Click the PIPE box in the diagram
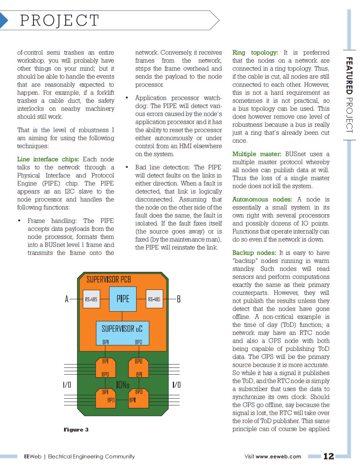[123, 299]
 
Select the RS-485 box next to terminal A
[91, 299]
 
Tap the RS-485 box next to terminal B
[154, 299]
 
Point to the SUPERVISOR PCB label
[109, 280]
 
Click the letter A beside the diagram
[67, 299]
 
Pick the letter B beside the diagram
[178, 299]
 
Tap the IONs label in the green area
[123, 385]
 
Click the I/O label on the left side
[67, 385]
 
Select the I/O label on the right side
[177, 385]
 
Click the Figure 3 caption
[76, 430]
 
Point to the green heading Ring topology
[255, 52]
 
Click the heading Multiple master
[256, 154]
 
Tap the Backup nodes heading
[254, 253]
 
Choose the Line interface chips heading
[48, 159]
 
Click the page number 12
[328, 456]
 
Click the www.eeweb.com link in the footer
[278, 456]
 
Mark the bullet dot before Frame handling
[19, 220]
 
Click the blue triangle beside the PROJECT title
[3, 20]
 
